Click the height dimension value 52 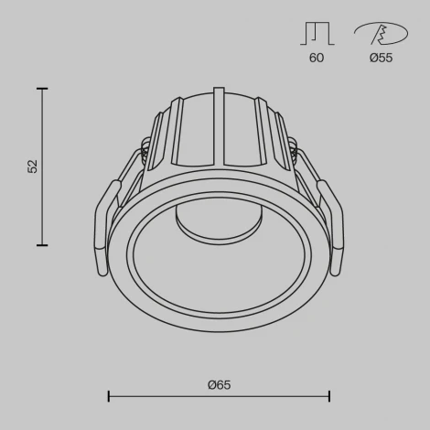pos(33,167)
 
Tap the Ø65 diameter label pos(219,385)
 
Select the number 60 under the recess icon pos(317,57)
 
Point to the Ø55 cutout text pos(381,57)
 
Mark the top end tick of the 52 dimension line pos(42,89)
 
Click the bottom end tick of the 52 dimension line pos(42,244)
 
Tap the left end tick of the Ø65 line pos(109,396)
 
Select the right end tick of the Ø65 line pos(329,396)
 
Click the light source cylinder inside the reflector pos(196,224)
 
